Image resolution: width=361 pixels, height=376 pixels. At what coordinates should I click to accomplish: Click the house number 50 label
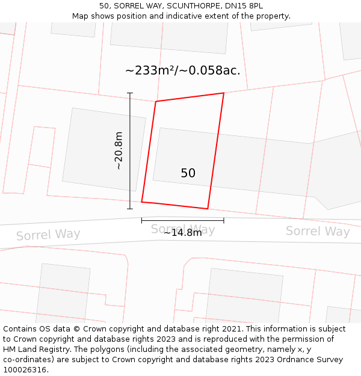click(x=188, y=173)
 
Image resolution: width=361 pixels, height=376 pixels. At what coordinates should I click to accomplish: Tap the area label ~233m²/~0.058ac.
click(x=182, y=70)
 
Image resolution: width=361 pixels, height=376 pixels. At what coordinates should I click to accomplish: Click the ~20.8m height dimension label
click(x=119, y=150)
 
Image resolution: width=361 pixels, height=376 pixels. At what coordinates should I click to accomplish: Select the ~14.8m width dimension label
click(x=183, y=233)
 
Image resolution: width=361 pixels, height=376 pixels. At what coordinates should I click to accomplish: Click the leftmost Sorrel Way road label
click(x=48, y=235)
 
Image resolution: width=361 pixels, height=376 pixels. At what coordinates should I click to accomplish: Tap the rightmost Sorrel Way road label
click(x=318, y=231)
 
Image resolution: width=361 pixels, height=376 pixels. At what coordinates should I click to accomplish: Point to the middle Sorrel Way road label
click(x=183, y=229)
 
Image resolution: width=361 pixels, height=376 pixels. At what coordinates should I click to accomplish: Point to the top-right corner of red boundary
click(x=224, y=93)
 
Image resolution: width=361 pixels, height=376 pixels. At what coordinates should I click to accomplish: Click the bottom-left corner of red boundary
click(x=141, y=202)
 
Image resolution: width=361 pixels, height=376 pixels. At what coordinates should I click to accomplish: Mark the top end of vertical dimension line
click(x=130, y=93)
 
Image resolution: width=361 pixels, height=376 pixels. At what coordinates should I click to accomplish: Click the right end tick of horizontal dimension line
click(x=224, y=221)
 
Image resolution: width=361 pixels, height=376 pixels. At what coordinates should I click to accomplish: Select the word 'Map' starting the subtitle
click(x=81, y=16)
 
